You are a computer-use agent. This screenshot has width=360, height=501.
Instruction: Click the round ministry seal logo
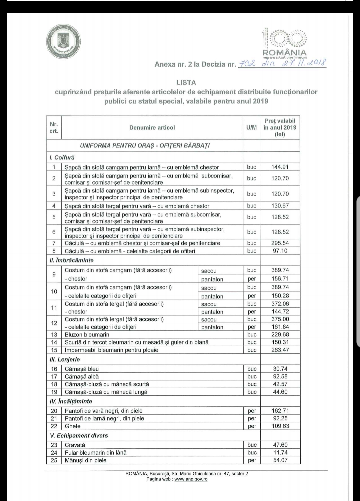[63, 43]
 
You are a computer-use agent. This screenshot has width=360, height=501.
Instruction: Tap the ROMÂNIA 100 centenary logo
[285, 43]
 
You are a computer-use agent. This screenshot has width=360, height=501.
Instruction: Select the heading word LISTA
[186, 83]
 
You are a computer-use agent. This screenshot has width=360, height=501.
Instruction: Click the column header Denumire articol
[152, 128]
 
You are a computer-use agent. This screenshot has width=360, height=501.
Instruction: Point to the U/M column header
[252, 128]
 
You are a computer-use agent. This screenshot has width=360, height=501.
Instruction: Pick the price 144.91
[280, 167]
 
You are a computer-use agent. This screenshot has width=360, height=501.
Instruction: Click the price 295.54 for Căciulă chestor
[280, 243]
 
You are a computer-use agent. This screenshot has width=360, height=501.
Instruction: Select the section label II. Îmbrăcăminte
[72, 260]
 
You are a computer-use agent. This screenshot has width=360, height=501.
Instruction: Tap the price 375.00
[280, 319]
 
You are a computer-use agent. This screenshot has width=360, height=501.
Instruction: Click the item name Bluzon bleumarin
[87, 334]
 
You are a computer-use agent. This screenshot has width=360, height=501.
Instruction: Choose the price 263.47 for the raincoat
[280, 350]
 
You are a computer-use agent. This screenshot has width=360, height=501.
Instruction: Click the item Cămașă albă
[82, 376]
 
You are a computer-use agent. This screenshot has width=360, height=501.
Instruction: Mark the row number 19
[54, 392]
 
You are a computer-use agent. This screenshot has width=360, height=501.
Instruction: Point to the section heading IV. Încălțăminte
[71, 401]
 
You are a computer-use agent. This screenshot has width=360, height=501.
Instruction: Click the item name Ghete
[73, 426]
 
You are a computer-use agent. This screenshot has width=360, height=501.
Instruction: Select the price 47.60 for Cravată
[280, 445]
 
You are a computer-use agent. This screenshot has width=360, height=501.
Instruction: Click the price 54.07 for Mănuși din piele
[280, 460]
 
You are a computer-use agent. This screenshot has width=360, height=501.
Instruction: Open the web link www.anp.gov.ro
[191, 479]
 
